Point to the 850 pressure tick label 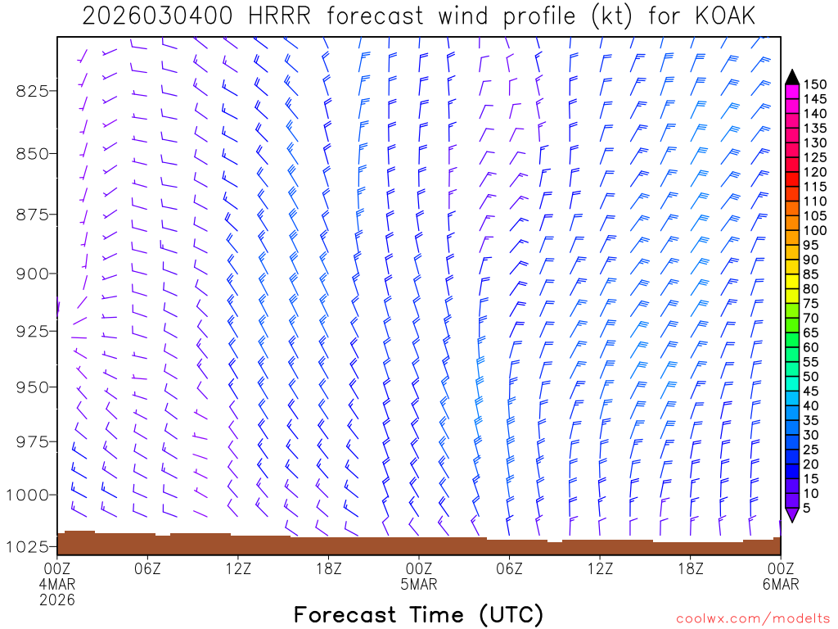(x=33, y=153)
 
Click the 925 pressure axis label (x=33, y=331)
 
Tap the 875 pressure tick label (x=33, y=215)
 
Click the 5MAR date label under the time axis (x=419, y=585)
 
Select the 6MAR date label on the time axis (x=780, y=585)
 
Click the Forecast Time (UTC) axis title (x=418, y=614)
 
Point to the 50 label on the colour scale (x=811, y=376)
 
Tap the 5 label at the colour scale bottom (x=807, y=508)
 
